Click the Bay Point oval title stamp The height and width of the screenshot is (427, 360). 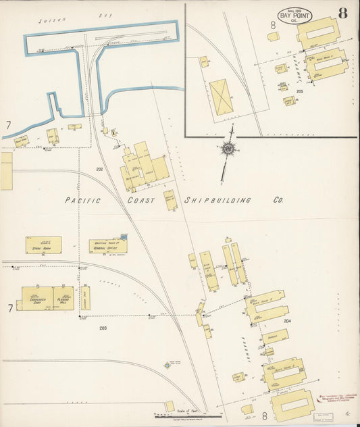294,16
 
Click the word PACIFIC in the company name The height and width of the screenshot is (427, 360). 83,201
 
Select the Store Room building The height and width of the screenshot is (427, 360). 44,245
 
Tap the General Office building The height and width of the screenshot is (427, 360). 107,247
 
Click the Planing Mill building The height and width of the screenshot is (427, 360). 64,297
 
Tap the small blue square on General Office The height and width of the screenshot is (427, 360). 124,236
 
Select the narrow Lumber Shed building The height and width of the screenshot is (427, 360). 86,297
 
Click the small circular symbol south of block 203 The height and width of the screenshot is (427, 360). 167,366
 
